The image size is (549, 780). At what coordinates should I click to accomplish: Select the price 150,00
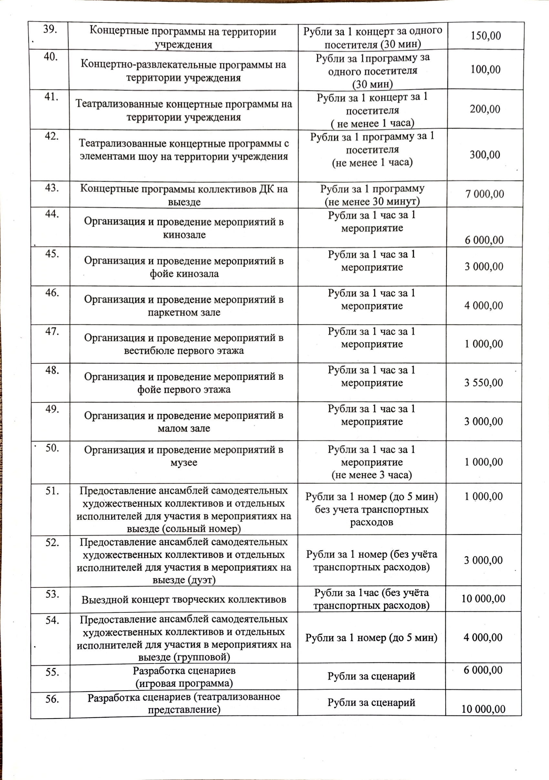tap(485, 36)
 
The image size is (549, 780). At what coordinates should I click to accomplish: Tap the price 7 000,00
tap(484, 194)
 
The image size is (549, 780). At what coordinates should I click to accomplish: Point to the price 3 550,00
tap(483, 383)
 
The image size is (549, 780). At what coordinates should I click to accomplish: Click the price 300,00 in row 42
tap(485, 155)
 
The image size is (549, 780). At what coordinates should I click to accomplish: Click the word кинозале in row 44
tap(184, 235)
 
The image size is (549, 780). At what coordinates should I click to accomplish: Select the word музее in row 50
tap(184, 463)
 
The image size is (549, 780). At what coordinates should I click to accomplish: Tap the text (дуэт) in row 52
tap(184, 580)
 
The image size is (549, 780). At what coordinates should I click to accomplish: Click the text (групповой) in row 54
tap(184, 657)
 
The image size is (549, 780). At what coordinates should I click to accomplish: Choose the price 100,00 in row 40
tap(485, 70)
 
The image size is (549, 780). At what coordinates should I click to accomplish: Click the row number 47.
tap(52, 331)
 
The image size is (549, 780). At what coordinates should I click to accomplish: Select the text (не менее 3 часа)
tap(371, 475)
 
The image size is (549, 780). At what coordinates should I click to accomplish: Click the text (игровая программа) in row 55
tap(184, 683)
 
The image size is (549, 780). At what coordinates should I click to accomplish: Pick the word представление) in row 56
tap(184, 709)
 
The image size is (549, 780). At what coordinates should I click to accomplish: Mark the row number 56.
tap(52, 699)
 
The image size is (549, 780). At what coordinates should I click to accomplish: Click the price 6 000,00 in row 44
tap(484, 240)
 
